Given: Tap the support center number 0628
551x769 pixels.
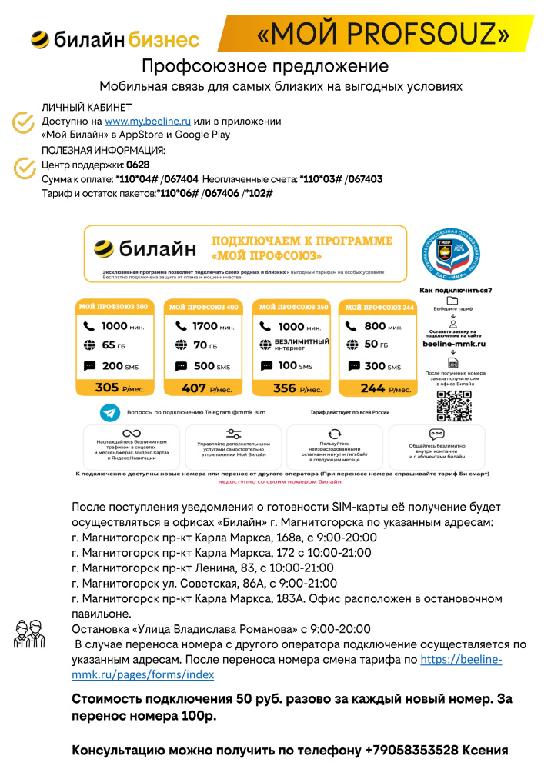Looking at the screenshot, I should [138, 165].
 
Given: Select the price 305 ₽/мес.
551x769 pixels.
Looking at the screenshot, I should [115, 388].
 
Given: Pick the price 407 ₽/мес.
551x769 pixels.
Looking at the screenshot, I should [203, 388].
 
